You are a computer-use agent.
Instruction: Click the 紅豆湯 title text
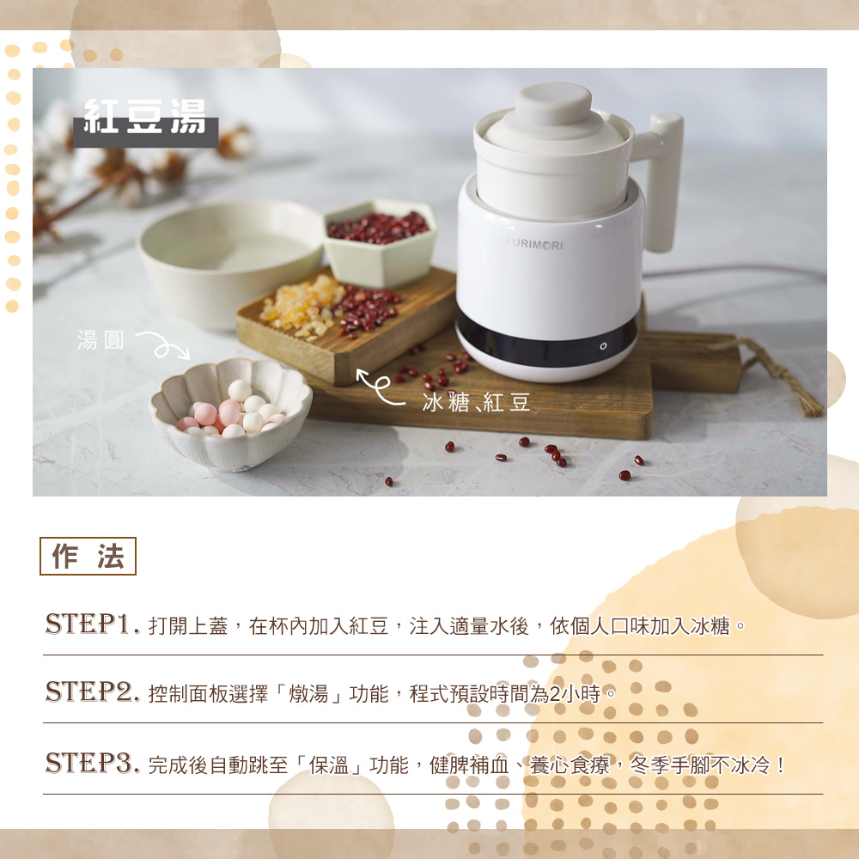(145, 116)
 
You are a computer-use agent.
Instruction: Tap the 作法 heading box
(88, 556)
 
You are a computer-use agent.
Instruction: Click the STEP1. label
(92, 624)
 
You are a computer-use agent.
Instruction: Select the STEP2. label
(92, 691)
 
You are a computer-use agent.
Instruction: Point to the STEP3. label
(92, 763)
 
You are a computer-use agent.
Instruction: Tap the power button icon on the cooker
(603, 345)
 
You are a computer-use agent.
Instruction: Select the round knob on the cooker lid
(552, 102)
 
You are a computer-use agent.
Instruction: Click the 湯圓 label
(101, 340)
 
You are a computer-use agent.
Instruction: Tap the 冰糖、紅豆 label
(476, 402)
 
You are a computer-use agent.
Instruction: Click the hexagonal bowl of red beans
(380, 242)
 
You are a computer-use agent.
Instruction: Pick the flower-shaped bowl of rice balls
(230, 414)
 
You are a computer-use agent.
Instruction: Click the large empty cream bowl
(230, 263)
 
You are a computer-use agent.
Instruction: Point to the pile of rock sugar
(302, 306)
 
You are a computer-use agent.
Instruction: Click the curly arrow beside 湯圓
(163, 345)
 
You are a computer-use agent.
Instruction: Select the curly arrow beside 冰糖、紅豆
(381, 387)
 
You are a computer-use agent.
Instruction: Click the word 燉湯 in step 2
(309, 693)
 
